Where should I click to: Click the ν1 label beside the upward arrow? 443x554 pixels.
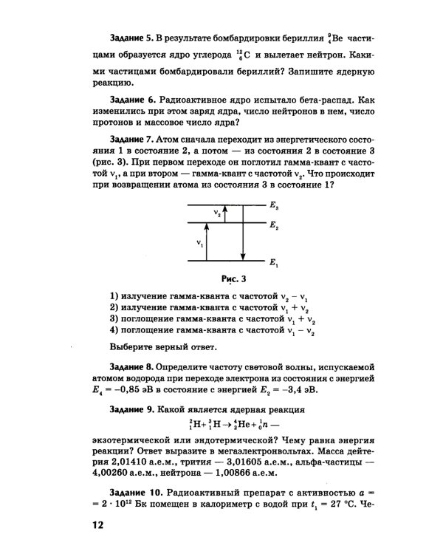[x=199, y=242]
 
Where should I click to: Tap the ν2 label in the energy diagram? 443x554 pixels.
[x=216, y=213]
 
